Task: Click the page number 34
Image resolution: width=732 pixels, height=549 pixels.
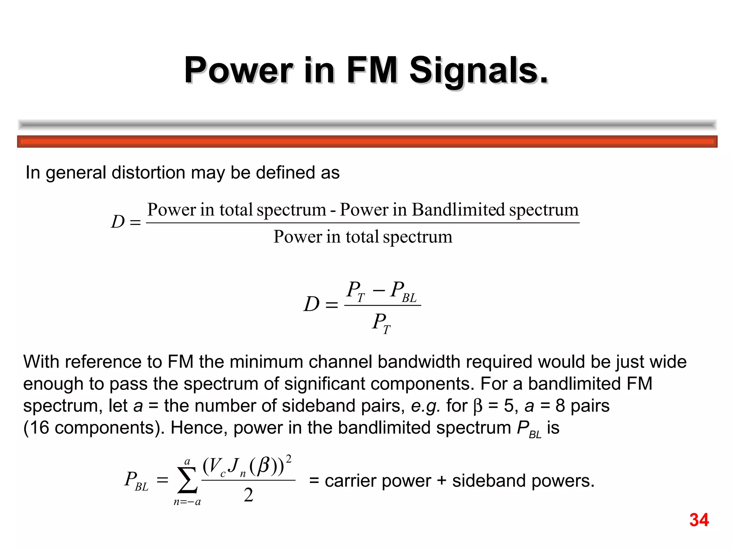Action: (699, 520)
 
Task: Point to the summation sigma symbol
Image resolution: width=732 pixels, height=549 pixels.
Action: (187, 480)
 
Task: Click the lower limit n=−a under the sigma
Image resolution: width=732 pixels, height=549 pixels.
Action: (187, 502)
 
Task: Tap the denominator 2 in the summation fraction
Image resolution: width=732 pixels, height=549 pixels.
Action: (248, 495)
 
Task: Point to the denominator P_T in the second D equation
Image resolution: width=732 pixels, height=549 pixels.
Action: (381, 323)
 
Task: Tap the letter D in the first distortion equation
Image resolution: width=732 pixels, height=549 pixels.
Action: (118, 222)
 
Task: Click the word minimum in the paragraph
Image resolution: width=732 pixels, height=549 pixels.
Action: (266, 362)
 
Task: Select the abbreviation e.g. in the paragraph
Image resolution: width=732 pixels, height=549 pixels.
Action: (425, 406)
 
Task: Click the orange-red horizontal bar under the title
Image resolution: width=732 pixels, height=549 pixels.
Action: (367, 142)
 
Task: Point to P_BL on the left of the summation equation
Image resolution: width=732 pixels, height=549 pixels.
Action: (136, 481)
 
